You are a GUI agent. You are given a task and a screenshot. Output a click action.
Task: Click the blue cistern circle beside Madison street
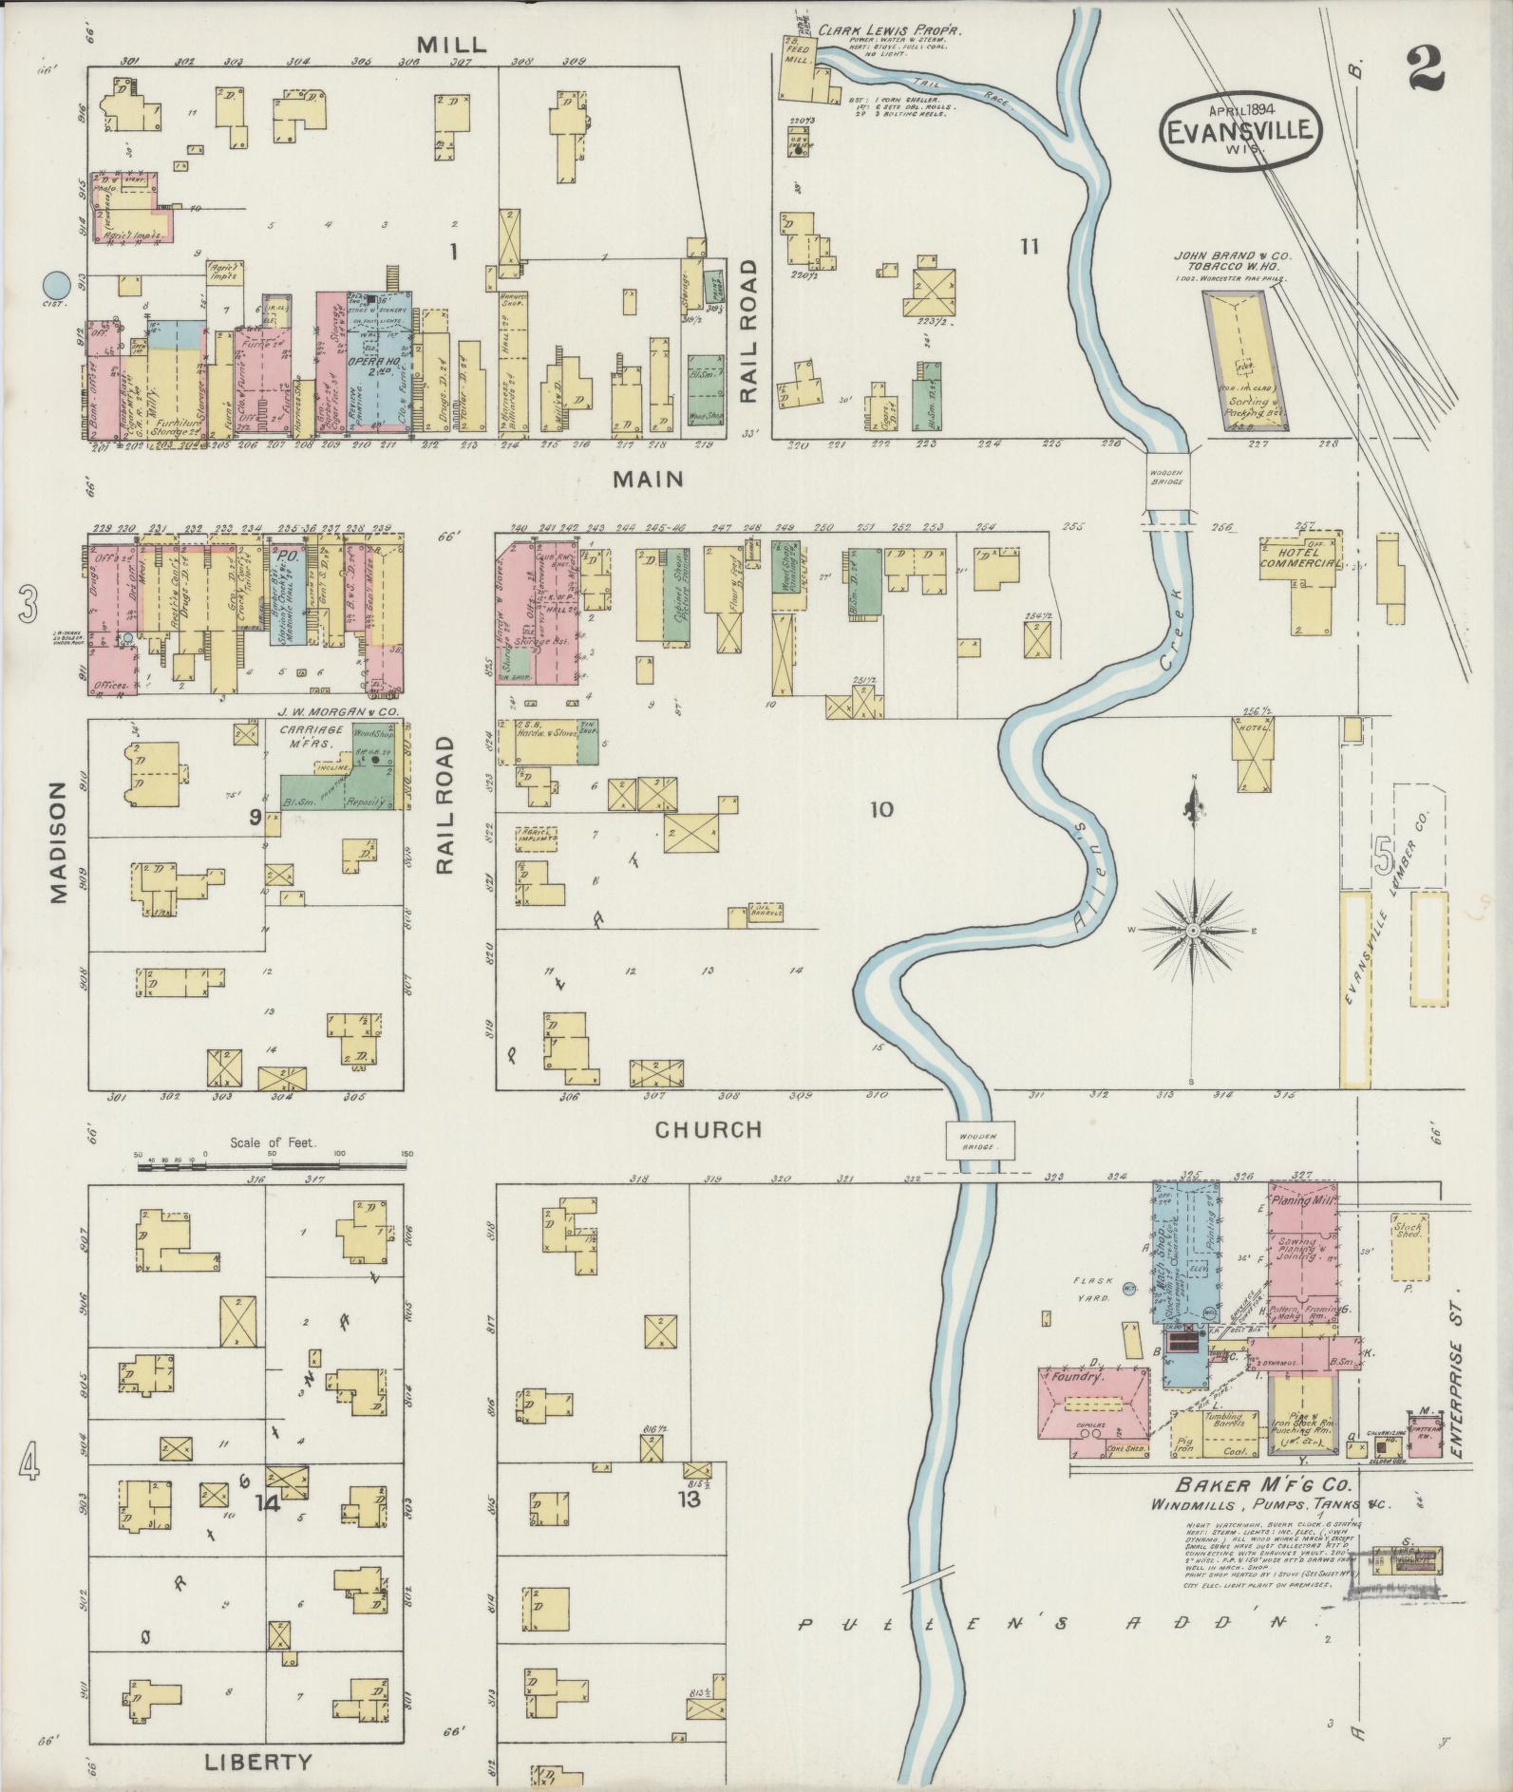[57, 283]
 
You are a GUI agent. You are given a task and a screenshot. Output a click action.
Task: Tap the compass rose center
[1193, 930]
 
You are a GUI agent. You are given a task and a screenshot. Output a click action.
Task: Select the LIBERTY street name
[257, 1763]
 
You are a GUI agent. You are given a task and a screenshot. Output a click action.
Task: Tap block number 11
[1029, 248]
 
